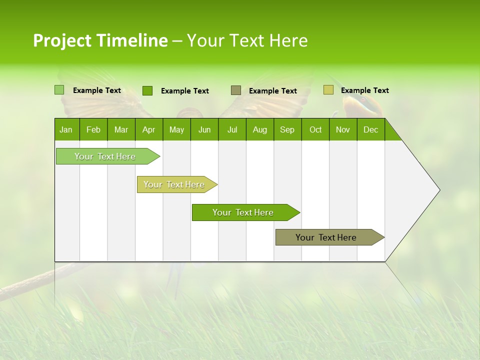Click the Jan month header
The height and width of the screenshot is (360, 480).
pos(66,129)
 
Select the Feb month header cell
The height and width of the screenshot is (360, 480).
pos(93,129)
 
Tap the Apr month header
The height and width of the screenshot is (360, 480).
pos(149,129)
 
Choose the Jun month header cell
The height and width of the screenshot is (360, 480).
pos(204,129)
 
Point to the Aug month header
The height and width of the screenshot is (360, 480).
pos(260,129)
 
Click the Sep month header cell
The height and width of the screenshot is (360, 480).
pos(287,129)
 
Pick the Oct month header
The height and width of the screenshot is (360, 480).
pos(315,129)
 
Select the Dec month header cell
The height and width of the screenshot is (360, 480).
pos(371,129)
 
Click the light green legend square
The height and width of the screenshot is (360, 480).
pos(59,90)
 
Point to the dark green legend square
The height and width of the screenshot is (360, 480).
pos(147,90)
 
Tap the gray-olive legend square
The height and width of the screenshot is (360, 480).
pos(236,90)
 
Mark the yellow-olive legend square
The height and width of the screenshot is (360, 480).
pos(328,90)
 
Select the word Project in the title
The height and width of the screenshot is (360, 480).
pos(62,40)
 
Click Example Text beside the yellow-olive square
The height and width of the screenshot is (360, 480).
pos(365,90)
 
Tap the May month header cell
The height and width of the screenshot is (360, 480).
pos(176,129)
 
